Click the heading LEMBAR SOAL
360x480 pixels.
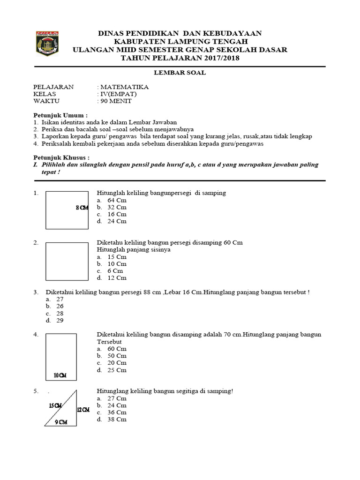180,73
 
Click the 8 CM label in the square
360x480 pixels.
82,208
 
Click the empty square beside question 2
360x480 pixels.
67,261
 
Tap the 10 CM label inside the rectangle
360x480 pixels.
60,375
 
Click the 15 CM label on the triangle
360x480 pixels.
55,405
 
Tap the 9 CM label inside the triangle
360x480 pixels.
60,422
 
